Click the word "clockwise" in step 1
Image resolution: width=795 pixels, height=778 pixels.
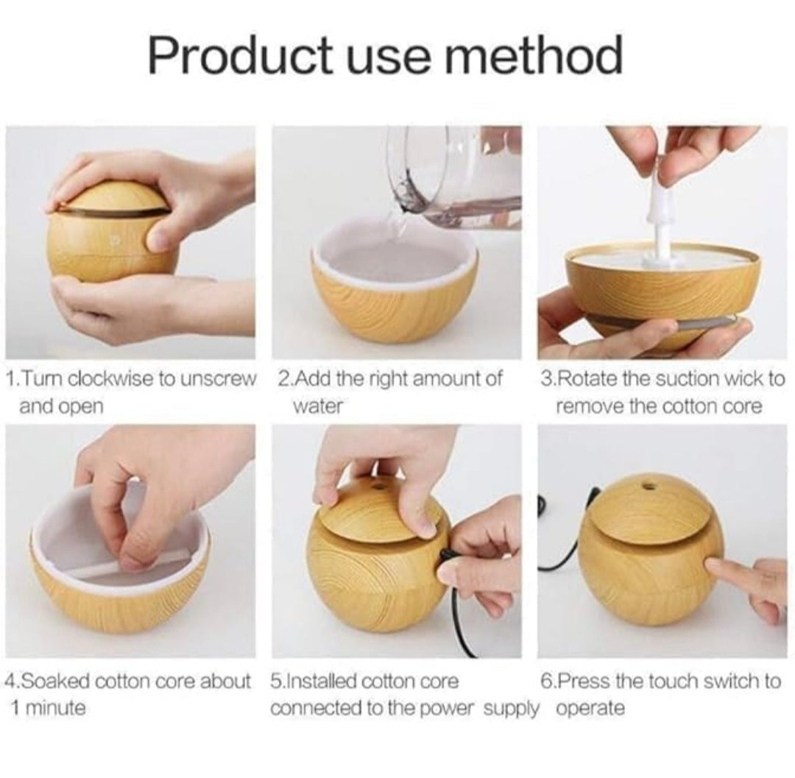112,378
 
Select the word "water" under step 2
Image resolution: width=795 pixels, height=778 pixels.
319,406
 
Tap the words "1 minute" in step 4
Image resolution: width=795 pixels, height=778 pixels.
48,707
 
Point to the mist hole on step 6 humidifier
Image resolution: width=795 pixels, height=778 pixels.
647,487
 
